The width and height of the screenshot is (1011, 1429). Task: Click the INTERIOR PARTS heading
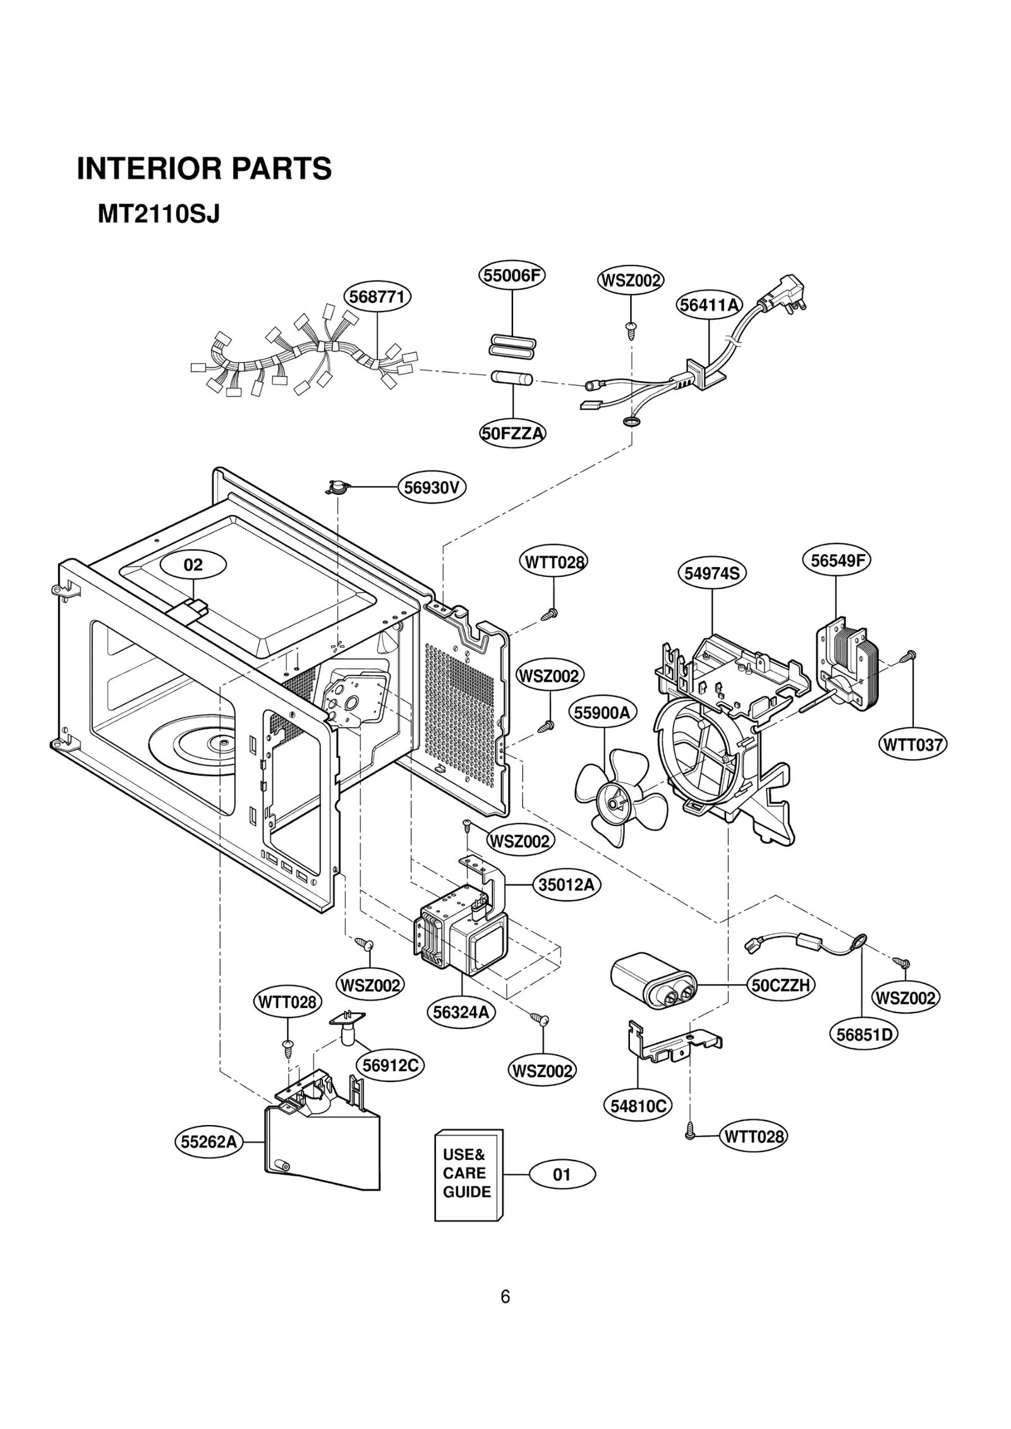(204, 169)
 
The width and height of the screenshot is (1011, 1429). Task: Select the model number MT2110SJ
(159, 215)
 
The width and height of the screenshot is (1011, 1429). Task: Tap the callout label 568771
(377, 296)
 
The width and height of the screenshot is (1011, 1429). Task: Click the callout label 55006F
(511, 276)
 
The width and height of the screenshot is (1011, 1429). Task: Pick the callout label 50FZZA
(512, 434)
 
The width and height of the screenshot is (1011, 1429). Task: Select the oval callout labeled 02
(193, 564)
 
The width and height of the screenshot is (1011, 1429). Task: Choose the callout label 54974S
(711, 573)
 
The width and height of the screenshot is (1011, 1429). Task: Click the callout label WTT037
(912, 745)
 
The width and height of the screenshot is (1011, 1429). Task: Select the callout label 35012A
(566, 885)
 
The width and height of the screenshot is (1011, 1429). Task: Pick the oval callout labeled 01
(562, 1175)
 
